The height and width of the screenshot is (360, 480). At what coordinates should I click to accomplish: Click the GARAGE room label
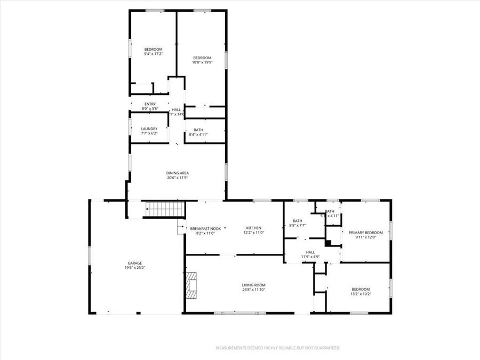tap(134, 263)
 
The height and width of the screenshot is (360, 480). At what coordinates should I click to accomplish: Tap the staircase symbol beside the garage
tap(165, 209)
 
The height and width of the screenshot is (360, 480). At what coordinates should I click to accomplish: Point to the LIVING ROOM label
tap(253, 285)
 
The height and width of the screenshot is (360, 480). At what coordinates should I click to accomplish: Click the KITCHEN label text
tap(253, 228)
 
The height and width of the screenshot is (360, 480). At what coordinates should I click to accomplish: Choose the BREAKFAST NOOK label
tap(205, 229)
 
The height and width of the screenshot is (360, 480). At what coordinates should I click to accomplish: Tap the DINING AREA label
tap(178, 173)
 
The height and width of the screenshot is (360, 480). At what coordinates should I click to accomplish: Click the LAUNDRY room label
tap(149, 129)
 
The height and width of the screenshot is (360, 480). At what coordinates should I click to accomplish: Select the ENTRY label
tap(150, 104)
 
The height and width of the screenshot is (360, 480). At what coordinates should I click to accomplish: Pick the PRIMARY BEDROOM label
tap(365, 233)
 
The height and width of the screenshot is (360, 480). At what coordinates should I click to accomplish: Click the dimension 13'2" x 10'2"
tap(361, 294)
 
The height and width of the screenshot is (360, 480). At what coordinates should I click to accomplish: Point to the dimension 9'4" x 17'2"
tap(153, 54)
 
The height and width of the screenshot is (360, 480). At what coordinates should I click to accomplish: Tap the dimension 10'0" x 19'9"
tap(202, 62)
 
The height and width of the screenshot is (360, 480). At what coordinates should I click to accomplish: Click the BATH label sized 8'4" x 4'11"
tap(198, 130)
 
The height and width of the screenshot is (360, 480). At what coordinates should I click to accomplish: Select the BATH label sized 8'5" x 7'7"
tap(298, 221)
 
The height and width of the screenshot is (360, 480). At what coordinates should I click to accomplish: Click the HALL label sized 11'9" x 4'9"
tap(310, 252)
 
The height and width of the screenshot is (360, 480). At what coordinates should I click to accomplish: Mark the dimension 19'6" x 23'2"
tap(134, 268)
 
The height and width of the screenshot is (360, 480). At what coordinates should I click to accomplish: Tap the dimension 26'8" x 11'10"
tap(253, 290)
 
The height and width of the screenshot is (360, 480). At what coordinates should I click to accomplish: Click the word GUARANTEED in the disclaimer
tap(324, 348)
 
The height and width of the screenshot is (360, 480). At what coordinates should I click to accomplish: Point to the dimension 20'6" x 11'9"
tap(178, 178)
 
